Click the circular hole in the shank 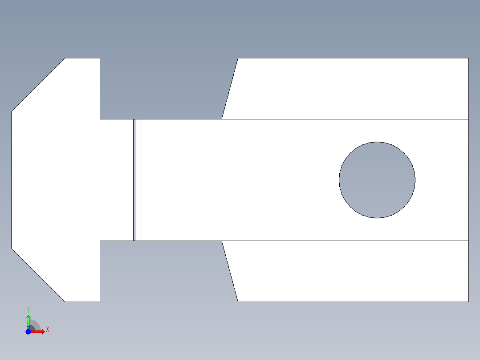377,180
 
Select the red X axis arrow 38,331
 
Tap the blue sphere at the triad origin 28,331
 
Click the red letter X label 48,329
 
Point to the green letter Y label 28,310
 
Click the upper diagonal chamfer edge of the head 38,85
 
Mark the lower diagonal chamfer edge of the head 38,275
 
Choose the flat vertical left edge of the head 11,180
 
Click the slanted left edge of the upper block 230,89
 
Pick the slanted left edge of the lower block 230,271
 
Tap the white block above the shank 352,89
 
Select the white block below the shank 352,271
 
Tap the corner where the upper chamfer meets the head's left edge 11,111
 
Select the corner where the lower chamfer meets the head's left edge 11,248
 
